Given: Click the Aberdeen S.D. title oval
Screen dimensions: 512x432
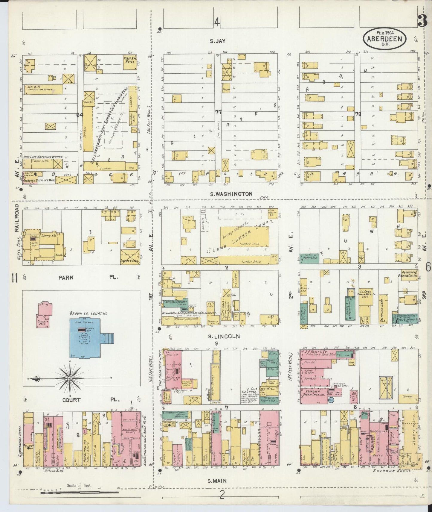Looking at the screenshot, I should click(x=384, y=38).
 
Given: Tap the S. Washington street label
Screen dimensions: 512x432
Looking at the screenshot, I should click(x=231, y=194).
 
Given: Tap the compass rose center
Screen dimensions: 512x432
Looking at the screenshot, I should click(x=69, y=378).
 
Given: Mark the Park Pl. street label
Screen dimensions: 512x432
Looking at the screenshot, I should click(x=88, y=277).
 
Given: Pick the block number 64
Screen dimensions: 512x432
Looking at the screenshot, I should click(x=80, y=115).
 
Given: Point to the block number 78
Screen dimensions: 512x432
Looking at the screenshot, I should click(x=358, y=114).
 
